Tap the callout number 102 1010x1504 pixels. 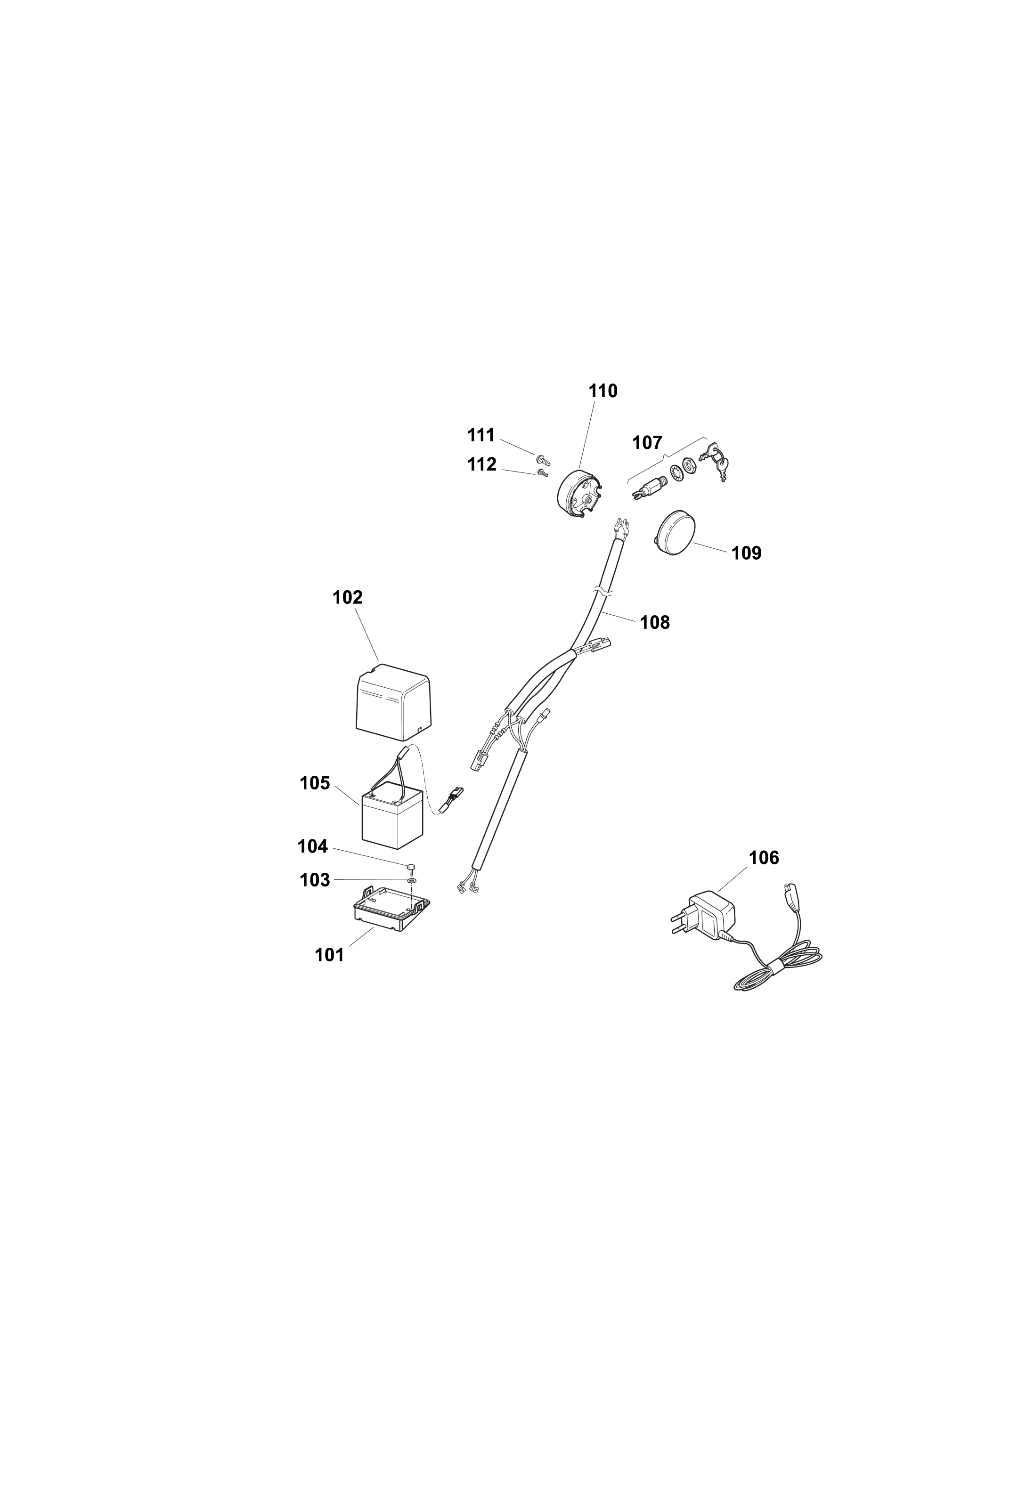pyautogui.click(x=347, y=597)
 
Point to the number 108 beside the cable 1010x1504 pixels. pyautogui.click(x=654, y=622)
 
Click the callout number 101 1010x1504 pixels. pyautogui.click(x=329, y=955)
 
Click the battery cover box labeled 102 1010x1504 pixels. pyautogui.click(x=393, y=702)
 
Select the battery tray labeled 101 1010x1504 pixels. pyautogui.click(x=391, y=908)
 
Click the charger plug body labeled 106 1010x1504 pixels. pyautogui.click(x=708, y=915)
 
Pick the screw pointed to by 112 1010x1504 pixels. pyautogui.click(x=542, y=474)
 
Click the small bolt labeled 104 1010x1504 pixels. pyautogui.click(x=410, y=866)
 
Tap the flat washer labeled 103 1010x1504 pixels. pyautogui.click(x=411, y=879)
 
